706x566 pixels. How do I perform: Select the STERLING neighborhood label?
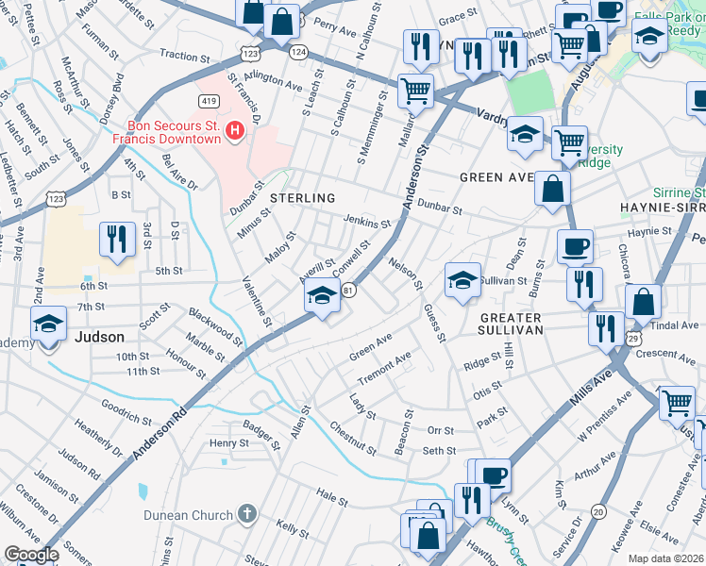(x=302, y=198)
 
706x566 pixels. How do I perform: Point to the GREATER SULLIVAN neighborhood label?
(x=511, y=325)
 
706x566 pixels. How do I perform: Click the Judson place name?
(x=99, y=337)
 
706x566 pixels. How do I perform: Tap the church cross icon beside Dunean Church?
(x=246, y=514)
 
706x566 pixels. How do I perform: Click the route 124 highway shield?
(x=299, y=51)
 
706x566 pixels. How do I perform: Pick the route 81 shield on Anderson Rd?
(x=348, y=290)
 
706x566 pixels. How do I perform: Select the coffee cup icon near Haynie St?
(x=575, y=247)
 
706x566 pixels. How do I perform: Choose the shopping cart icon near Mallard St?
(x=415, y=91)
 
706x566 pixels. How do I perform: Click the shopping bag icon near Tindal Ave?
(x=643, y=302)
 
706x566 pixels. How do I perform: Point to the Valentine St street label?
(x=257, y=302)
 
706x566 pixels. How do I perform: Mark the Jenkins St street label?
(x=366, y=222)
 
